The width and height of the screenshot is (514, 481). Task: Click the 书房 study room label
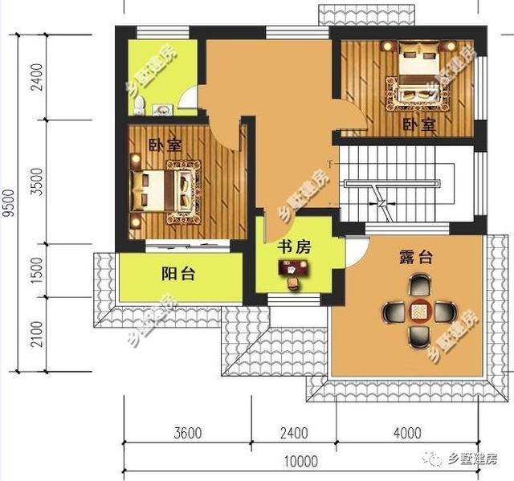coord(294,247)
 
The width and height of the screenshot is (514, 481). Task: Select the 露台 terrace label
coord(415,258)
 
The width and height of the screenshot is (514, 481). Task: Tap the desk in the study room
coord(291,271)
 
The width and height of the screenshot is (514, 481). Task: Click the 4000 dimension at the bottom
coord(406,434)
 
